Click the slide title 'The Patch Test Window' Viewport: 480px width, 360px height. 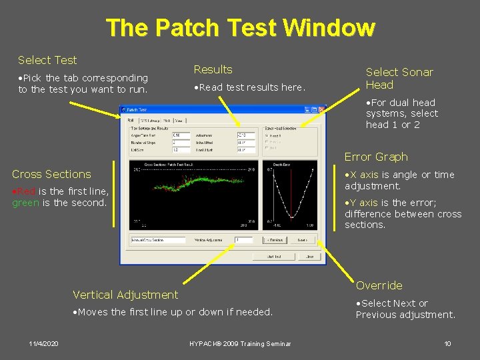[x=240, y=27]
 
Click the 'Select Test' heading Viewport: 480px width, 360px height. [x=47, y=60]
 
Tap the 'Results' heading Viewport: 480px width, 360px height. [x=213, y=69]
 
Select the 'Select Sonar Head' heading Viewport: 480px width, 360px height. [x=399, y=78]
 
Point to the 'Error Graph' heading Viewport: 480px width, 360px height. [x=376, y=157]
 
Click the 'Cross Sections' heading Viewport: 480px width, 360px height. [x=51, y=174]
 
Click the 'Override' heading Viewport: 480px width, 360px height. [x=379, y=285]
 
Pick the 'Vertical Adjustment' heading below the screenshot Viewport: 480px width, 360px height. [x=125, y=295]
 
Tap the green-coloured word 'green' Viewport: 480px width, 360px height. [x=26, y=203]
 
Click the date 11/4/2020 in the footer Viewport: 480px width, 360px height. [x=43, y=343]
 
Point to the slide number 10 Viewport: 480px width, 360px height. [x=447, y=343]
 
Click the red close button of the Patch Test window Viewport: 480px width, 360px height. [x=321, y=109]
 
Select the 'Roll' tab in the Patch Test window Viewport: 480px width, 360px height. [x=131, y=121]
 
